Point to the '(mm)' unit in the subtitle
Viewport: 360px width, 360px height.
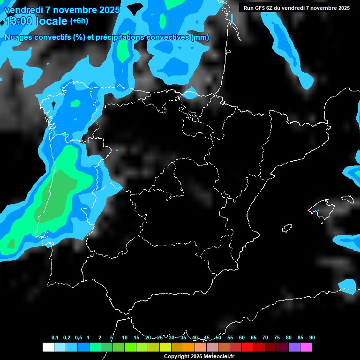pyautogui.click(x=200, y=37)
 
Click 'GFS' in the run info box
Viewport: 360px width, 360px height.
pyautogui.click(x=260, y=8)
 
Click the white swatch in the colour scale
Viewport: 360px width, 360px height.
pyautogui.click(x=48, y=347)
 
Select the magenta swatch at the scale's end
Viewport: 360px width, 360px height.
pyautogui.click(x=306, y=347)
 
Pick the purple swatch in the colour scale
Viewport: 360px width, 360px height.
pyautogui.click(x=294, y=347)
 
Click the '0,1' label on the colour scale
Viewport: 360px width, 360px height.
pyautogui.click(x=55, y=337)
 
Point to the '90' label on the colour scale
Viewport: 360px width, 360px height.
pyautogui.click(x=312, y=337)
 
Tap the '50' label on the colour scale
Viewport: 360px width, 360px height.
pyautogui.click(x=218, y=337)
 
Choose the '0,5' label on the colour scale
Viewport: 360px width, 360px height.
pyautogui.click(x=78, y=337)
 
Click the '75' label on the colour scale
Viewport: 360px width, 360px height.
pyautogui.click(x=277, y=337)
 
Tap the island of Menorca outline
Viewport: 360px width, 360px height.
pyautogui.click(x=347, y=199)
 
